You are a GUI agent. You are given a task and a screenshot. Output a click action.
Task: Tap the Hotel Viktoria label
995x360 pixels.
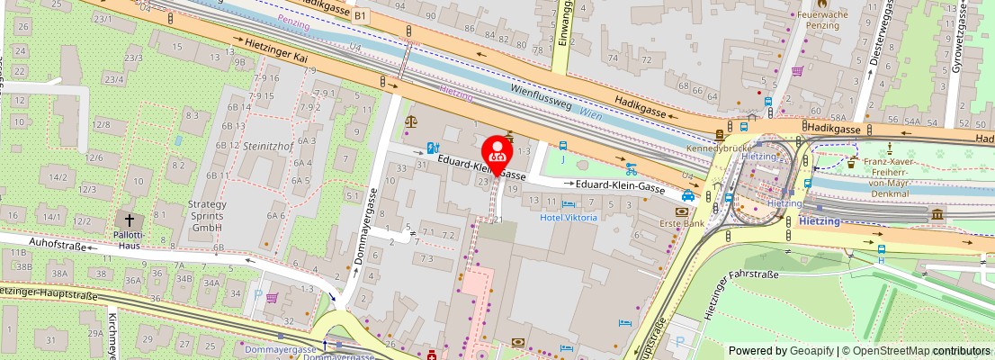pos(568,218)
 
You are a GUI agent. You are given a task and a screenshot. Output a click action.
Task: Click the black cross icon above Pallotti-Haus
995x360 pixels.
pos(129,219)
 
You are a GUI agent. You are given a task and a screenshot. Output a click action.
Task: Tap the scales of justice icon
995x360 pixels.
pos(411,121)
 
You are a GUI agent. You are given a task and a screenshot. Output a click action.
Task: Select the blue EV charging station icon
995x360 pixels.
pos(433,147)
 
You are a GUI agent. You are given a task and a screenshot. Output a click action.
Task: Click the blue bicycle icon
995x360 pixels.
pos(632,167)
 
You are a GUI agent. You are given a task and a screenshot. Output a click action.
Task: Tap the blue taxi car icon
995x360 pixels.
pos(688,195)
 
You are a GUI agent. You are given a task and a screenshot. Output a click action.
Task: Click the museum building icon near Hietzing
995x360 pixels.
pos(937,214)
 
